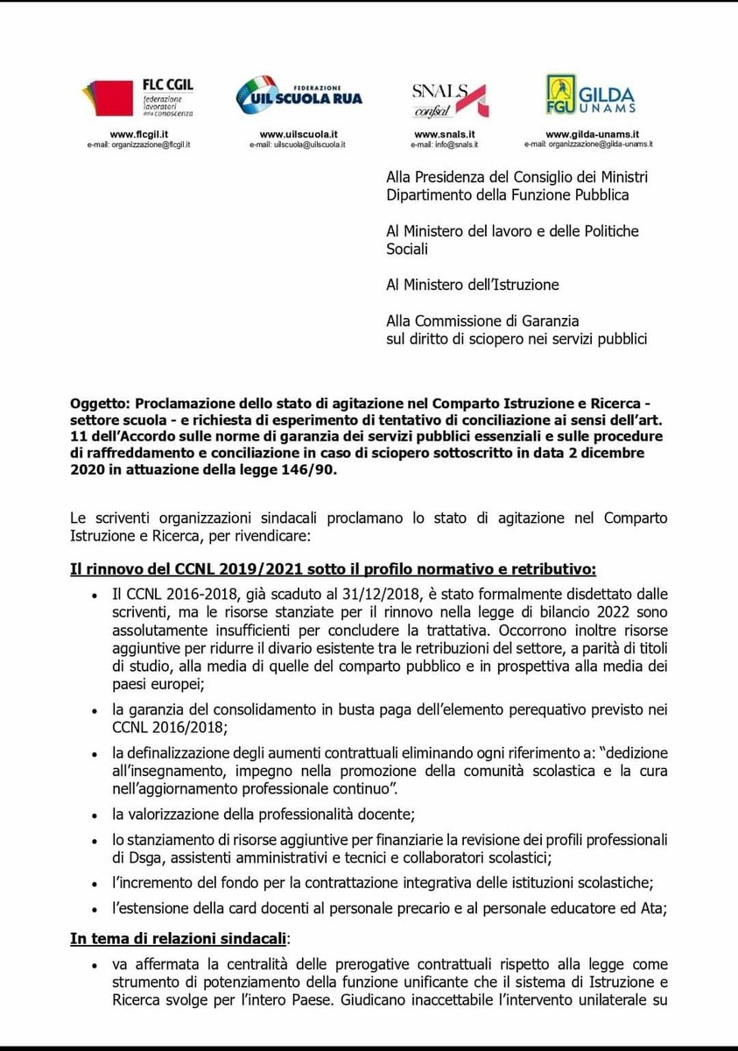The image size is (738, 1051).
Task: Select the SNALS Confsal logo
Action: tap(450, 99)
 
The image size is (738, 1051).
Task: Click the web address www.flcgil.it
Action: tap(139, 133)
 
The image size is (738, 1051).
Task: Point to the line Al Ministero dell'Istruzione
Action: tap(473, 285)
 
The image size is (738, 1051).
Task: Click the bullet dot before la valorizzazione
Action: tap(95, 815)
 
